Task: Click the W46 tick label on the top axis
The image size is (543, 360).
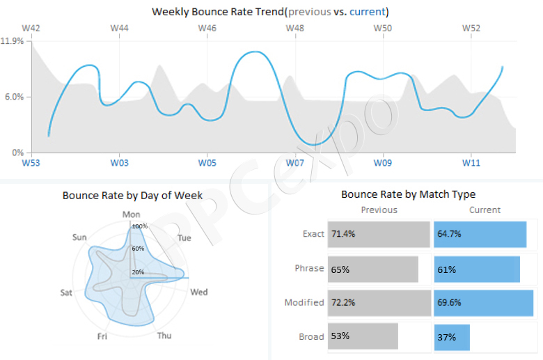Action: coord(207,28)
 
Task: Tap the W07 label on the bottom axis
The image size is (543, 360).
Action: coord(295,163)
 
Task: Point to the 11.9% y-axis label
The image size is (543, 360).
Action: coord(12,41)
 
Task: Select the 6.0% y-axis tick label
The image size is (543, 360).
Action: coord(14,97)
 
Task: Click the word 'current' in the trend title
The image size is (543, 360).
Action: coord(368,12)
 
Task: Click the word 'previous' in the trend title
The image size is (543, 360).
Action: coord(310,12)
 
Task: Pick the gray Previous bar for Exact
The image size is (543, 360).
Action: coord(379,234)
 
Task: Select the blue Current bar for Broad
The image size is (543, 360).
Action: coord(452,337)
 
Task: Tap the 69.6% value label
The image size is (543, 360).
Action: coord(449,302)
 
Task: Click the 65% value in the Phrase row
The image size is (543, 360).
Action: coord(340,269)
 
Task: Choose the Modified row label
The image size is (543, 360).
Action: coord(304,302)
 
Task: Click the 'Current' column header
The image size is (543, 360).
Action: coord(485,210)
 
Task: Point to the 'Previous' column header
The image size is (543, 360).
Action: coord(379,210)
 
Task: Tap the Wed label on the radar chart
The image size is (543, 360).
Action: coord(199,292)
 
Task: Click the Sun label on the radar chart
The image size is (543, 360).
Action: coord(79,237)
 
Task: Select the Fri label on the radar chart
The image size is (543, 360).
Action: coord(102,336)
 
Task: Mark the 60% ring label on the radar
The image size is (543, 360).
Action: coord(138,249)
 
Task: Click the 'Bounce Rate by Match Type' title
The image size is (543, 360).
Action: coord(408,194)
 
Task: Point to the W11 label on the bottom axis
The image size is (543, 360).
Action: coord(471,163)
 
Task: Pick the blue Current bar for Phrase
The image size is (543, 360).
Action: coord(477,269)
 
